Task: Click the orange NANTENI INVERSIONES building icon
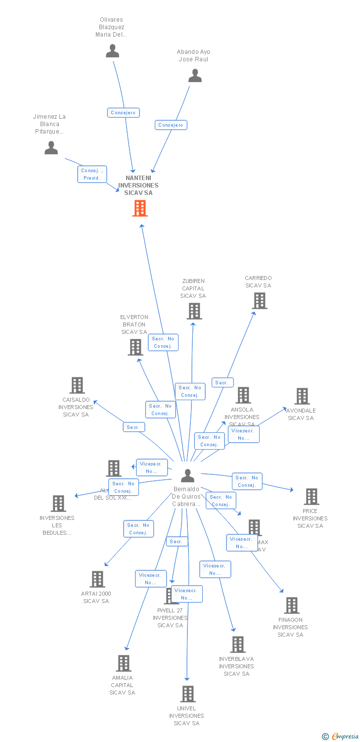pyautogui.click(x=140, y=208)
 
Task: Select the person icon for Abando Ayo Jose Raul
pyautogui.click(x=195, y=76)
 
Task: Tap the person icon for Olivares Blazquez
pyautogui.click(x=112, y=51)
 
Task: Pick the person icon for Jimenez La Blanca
pyautogui.click(x=51, y=148)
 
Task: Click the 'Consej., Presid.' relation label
pyautogui.click(x=91, y=174)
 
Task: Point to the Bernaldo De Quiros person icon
pyautogui.click(x=187, y=476)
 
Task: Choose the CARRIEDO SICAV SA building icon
pyautogui.click(x=259, y=301)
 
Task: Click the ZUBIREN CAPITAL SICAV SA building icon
pyautogui.click(x=194, y=311)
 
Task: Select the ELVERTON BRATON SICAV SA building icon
pyautogui.click(x=135, y=347)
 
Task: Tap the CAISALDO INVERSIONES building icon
pyautogui.click(x=77, y=385)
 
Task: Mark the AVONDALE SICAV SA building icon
pyautogui.click(x=302, y=396)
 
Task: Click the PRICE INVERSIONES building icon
pyautogui.click(x=311, y=497)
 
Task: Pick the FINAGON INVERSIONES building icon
pyautogui.click(x=291, y=605)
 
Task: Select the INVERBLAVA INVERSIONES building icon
pyautogui.click(x=238, y=645)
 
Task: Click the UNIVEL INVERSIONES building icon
pyautogui.click(x=188, y=694)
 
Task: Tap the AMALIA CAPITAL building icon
pyautogui.click(x=123, y=663)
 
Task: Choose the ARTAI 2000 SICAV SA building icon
pyautogui.click(x=97, y=579)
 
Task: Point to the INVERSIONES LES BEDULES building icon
pyautogui.click(x=58, y=504)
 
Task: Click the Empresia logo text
pyautogui.click(x=345, y=737)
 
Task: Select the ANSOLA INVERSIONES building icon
pyautogui.click(x=243, y=395)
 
